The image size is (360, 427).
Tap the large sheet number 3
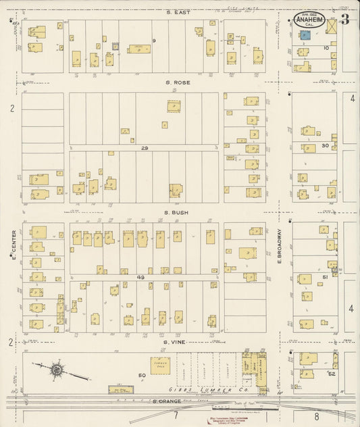coord(345,19)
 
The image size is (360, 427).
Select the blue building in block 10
coord(305,34)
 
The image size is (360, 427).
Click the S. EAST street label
coord(176,12)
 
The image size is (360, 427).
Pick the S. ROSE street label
coord(176,82)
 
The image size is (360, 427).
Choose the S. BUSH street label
coord(176,212)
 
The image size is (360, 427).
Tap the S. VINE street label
coord(176,343)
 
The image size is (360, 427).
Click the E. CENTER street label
coord(12,245)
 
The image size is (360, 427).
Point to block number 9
coord(154,42)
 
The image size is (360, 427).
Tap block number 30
coord(325,145)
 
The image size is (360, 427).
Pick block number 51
coord(325,277)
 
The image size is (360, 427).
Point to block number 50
coord(142,375)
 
